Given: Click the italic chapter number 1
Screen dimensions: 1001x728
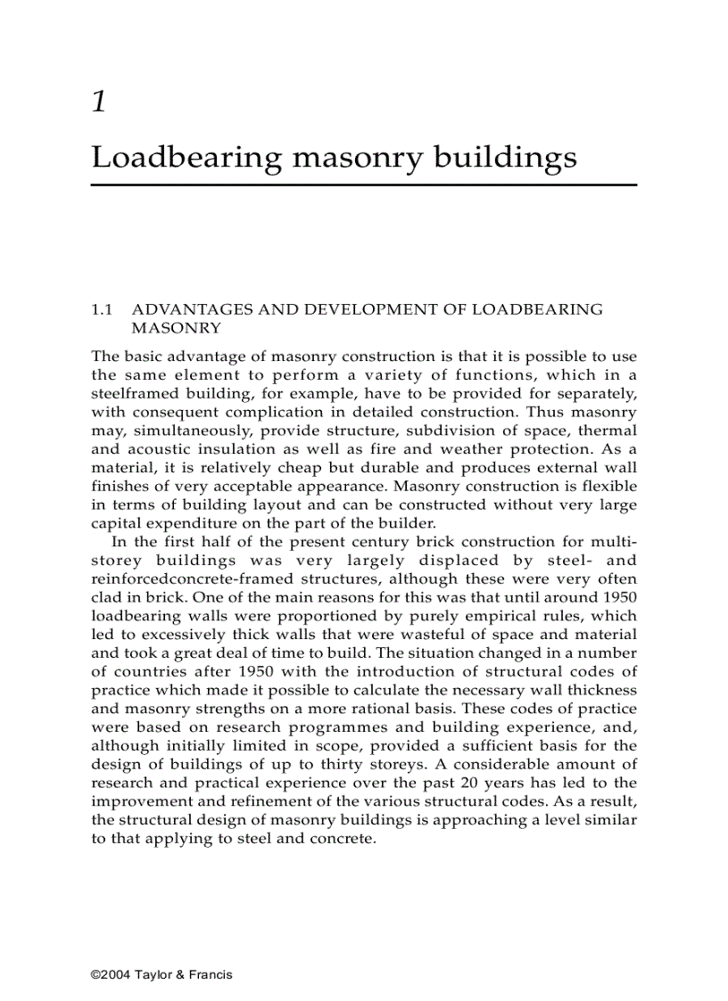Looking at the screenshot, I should click(x=99, y=102).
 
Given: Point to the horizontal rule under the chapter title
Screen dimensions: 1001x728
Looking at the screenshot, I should click(x=364, y=185).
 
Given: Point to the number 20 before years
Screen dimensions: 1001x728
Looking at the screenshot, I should click(x=469, y=783).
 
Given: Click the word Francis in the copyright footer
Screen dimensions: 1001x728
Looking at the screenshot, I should click(x=211, y=974).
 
